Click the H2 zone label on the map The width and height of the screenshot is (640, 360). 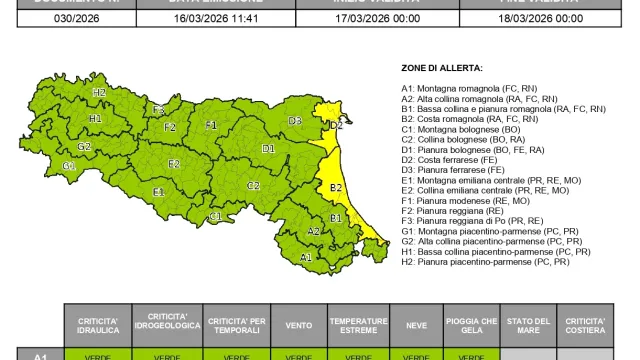[x=99, y=92]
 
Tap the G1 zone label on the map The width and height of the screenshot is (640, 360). [x=68, y=165]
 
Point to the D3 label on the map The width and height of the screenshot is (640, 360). [x=295, y=121]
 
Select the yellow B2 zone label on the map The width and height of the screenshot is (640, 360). [x=336, y=187]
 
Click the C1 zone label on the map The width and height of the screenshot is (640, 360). [x=215, y=216]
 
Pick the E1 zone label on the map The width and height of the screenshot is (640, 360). [x=158, y=191]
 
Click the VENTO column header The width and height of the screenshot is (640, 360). [x=298, y=325]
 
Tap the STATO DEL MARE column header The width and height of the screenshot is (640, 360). [x=528, y=325]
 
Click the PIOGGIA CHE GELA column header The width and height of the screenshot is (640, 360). [x=471, y=325]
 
